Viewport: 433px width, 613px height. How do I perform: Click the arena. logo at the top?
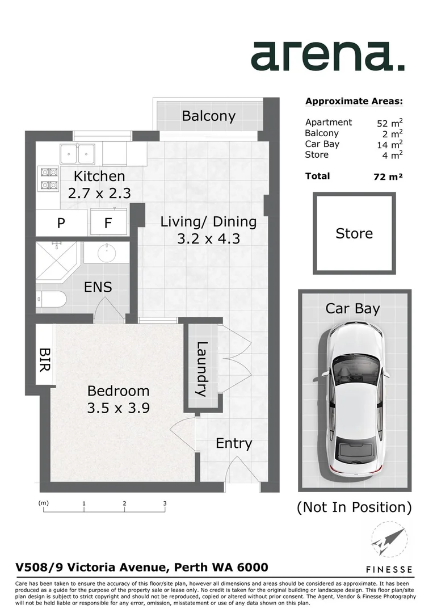point(327,57)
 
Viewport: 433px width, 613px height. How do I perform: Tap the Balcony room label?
point(208,116)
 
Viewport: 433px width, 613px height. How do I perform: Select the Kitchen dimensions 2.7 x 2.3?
point(99,194)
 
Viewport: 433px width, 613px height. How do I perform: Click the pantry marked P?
point(61,224)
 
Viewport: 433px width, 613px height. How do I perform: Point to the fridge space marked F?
point(108,224)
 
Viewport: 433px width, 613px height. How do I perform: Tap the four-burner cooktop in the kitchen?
point(48,178)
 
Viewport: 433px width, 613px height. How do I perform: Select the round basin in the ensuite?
point(106,251)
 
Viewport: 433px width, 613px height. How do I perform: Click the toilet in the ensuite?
point(50,298)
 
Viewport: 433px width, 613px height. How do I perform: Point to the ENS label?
point(98,287)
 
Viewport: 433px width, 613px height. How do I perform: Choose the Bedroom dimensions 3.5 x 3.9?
point(118,408)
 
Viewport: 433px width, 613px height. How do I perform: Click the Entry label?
point(233,443)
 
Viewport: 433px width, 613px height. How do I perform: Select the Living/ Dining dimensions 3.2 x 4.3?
point(208,238)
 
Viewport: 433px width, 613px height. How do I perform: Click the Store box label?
point(354,233)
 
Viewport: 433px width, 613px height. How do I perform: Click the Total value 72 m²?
point(384,177)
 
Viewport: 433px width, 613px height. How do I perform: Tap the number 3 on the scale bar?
point(165,503)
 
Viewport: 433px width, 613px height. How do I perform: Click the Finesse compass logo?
point(388,544)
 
